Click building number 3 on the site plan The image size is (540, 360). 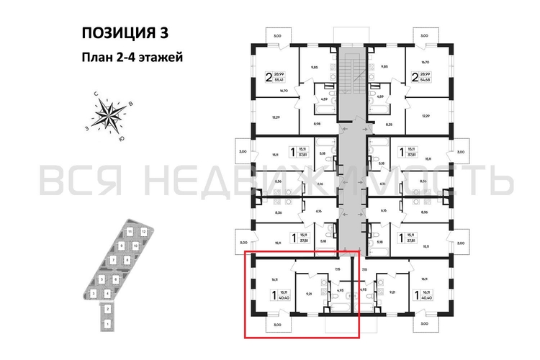point(94,294)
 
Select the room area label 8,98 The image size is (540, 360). point(316,124)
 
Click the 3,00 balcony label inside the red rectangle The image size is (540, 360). point(277,325)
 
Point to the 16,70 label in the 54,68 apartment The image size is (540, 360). point(425,63)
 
